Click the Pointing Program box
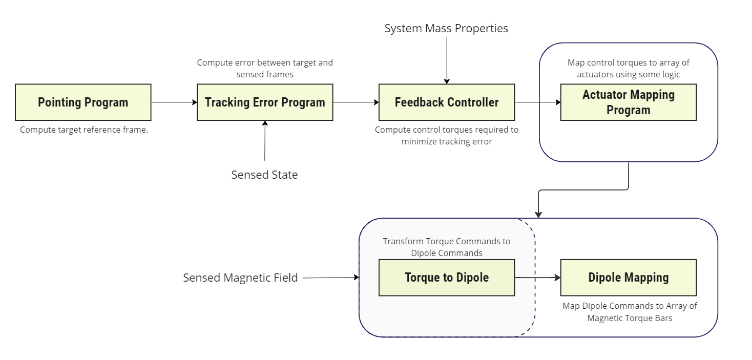83,102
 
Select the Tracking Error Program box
265,102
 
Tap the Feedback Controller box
447,102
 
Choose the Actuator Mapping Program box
629,102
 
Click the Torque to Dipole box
447,278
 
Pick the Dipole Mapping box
629,278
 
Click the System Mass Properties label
446,29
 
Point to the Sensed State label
264,175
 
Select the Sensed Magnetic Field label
240,278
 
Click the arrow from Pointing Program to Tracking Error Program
174,102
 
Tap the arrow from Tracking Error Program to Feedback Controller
356,102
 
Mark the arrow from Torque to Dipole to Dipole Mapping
538,278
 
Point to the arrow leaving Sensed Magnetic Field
330,278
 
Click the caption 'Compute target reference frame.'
84,130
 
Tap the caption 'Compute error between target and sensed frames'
265,69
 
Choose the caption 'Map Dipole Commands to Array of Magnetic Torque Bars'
630,312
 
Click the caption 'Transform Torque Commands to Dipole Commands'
447,247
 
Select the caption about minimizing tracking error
447,136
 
